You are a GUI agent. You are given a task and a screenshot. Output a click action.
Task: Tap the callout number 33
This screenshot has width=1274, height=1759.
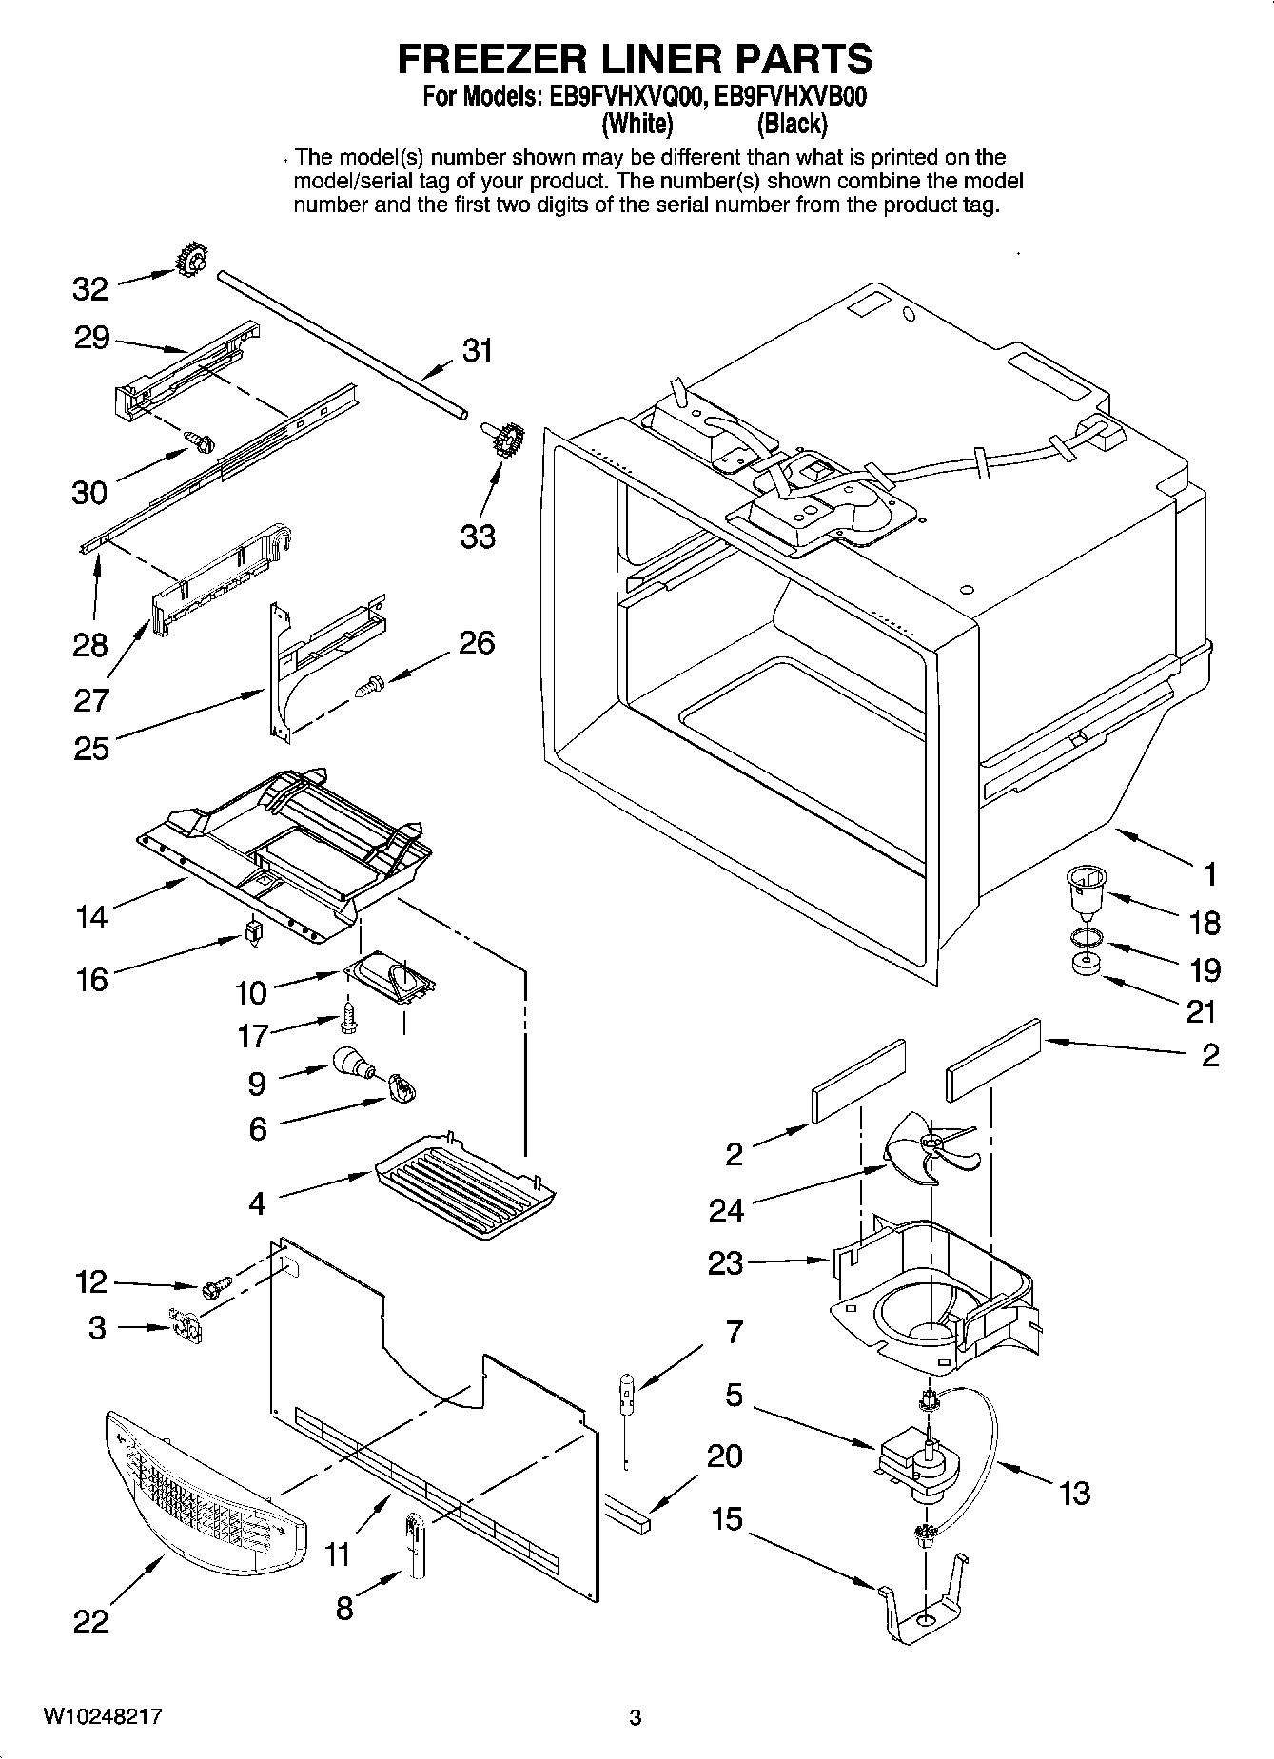tap(478, 537)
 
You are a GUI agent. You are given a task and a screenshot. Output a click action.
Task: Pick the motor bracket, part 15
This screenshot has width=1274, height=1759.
tap(921, 1604)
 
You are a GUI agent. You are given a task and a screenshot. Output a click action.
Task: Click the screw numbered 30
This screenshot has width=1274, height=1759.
tap(202, 440)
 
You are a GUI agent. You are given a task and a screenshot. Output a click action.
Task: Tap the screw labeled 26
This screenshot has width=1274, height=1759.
tap(370, 685)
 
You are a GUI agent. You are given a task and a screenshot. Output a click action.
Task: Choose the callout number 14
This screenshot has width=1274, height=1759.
tap(91, 917)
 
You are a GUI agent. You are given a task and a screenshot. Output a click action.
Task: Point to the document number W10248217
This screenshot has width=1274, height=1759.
tap(102, 1717)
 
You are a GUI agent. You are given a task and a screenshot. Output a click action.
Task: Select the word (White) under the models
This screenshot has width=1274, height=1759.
tap(637, 124)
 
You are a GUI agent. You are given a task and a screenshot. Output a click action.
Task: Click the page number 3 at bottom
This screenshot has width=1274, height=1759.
tap(636, 1718)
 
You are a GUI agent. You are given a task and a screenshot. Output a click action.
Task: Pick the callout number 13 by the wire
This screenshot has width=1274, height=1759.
tap(1073, 1494)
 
